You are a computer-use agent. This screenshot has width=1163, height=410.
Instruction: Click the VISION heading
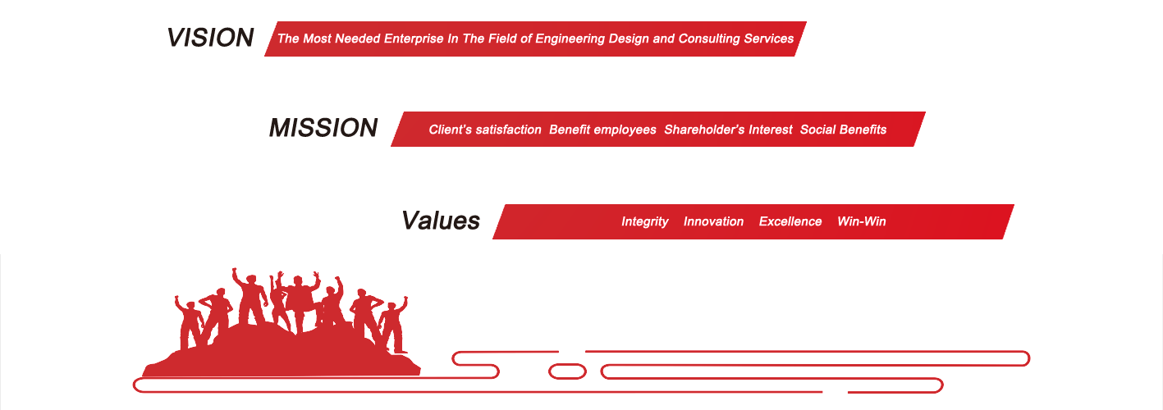(210, 38)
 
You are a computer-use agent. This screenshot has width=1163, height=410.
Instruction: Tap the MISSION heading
(323, 128)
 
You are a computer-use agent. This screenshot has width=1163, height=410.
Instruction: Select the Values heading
(441, 221)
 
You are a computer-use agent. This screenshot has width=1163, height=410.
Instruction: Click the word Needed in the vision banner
(358, 39)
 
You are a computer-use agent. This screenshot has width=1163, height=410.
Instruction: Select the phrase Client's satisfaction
(485, 130)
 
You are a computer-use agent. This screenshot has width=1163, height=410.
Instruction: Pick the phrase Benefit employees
(602, 130)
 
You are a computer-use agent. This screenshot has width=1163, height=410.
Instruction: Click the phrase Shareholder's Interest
(729, 130)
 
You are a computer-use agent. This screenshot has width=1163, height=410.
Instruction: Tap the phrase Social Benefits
(843, 130)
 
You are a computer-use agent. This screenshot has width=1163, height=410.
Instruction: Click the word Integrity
(645, 221)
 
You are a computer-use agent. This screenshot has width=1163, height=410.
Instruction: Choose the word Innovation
(713, 221)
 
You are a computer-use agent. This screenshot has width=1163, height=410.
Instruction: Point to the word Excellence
(790, 221)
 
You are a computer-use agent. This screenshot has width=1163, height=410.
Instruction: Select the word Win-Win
(861, 221)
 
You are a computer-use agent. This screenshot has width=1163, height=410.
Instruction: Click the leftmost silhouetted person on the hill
(190, 321)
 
